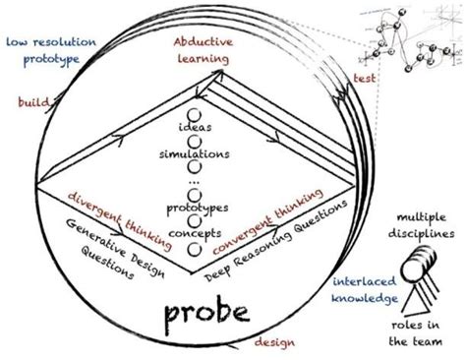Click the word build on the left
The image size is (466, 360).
coord(33,102)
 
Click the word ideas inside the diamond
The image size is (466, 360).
coord(195,130)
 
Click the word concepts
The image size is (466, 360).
coord(195,232)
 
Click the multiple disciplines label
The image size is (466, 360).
coord(425,225)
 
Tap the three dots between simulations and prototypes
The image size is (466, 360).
coord(195,183)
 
